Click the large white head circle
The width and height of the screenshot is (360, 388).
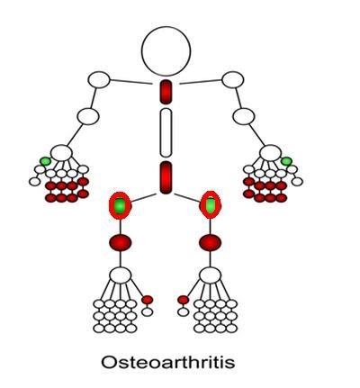pos(166,51)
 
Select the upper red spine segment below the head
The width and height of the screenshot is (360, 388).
pos(166,92)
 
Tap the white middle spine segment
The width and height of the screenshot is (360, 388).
pos(166,132)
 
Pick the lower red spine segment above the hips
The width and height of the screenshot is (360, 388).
pos(166,177)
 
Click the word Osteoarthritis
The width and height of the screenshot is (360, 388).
pos(168,362)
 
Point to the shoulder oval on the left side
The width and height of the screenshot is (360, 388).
pos(99,80)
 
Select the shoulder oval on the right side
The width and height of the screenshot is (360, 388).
pos(233,80)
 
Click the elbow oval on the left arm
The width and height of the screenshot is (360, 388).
pos(88,116)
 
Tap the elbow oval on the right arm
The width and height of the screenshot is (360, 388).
pos(244,116)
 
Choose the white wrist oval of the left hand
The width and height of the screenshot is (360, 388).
pos(61,153)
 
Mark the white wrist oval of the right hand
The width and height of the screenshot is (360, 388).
pos(270,153)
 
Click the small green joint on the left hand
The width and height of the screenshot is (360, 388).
pos(46,161)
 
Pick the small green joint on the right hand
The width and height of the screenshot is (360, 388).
pos(286,161)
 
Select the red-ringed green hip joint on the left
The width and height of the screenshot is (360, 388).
pos(120,206)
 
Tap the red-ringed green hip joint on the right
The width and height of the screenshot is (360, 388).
pos(211,205)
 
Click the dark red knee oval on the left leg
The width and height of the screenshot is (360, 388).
pos(120,243)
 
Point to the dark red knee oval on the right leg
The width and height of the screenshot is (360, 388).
pos(210,243)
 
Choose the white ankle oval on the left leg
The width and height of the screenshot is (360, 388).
pos(120,275)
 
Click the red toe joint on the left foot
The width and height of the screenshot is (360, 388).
pos(147,300)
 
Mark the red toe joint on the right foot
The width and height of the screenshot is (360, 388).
pos(183,300)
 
